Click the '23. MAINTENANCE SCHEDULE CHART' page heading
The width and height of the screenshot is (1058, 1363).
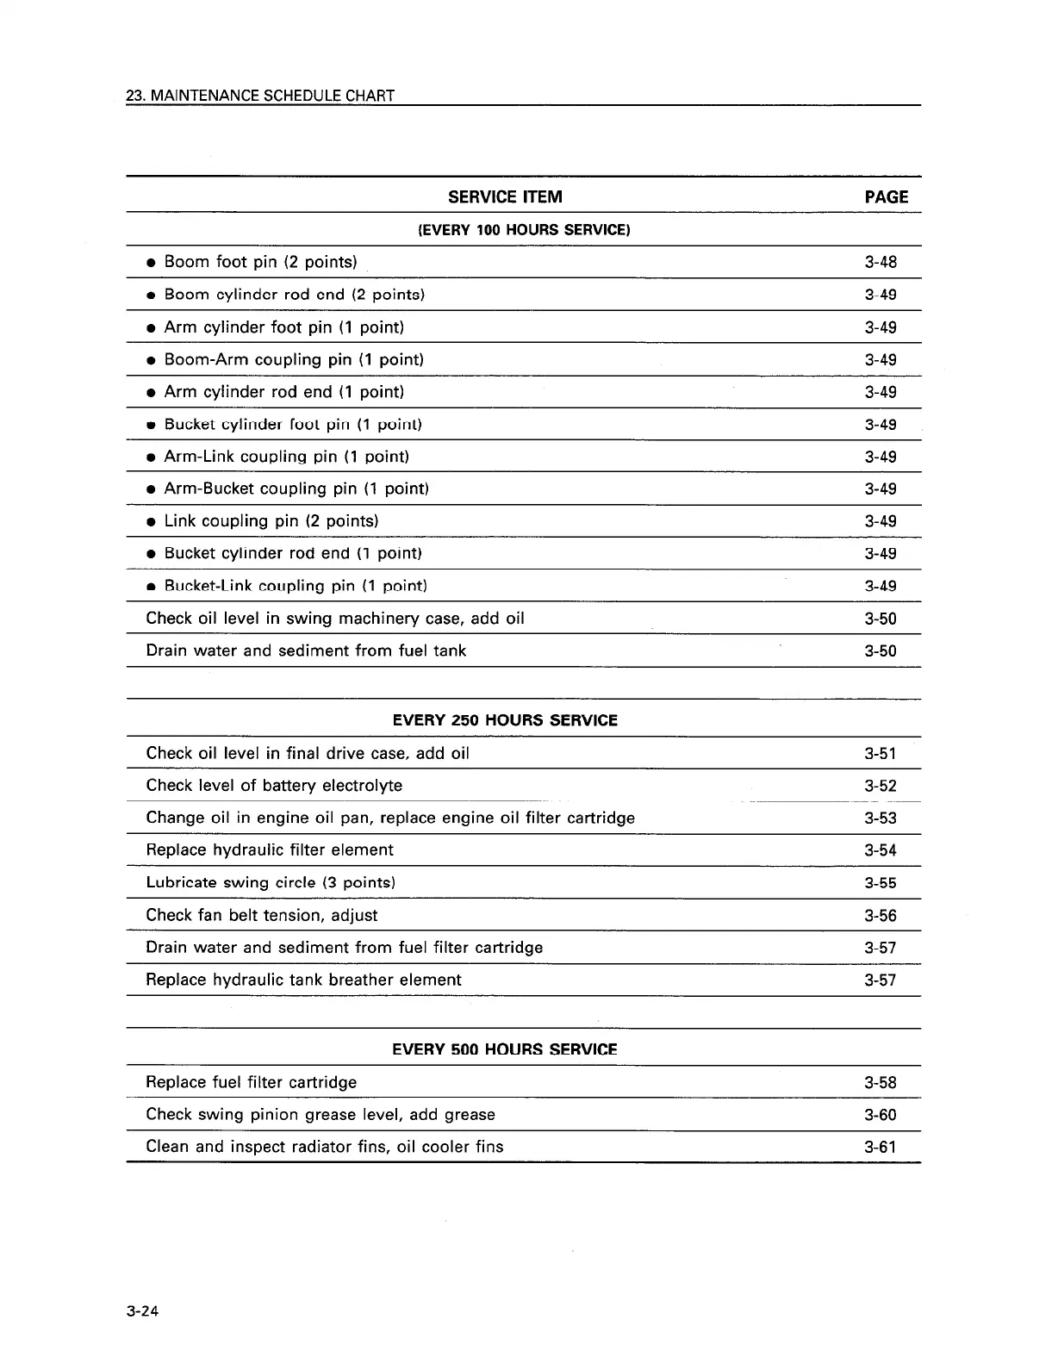[x=260, y=96]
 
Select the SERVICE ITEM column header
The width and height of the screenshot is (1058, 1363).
[x=505, y=197]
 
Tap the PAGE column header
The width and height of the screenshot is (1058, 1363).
[x=886, y=197]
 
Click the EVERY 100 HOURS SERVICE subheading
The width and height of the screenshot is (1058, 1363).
[x=524, y=230]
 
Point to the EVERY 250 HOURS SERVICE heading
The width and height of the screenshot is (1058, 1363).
[x=505, y=720]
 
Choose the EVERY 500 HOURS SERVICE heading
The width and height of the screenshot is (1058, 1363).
[x=505, y=1049]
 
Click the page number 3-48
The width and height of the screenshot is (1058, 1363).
[x=881, y=262]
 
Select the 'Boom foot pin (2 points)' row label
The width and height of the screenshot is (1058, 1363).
[x=260, y=262]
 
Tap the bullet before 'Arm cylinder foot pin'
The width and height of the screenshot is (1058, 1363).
[x=151, y=328]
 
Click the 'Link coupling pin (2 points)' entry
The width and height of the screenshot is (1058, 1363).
[x=271, y=521]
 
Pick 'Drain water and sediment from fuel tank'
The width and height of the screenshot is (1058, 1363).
[x=306, y=650]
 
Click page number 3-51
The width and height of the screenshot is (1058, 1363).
[x=881, y=754]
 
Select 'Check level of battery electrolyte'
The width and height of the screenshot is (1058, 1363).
[x=274, y=786]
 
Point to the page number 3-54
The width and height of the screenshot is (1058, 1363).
[x=881, y=850]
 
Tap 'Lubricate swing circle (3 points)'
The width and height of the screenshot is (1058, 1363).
[x=271, y=882]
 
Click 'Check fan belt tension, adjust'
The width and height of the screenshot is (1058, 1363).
[x=262, y=915]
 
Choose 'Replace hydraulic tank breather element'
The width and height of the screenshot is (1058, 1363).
[x=303, y=980]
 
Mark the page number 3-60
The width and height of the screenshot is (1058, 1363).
[x=881, y=1115]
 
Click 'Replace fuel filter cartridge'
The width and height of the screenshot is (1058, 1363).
[x=251, y=1082]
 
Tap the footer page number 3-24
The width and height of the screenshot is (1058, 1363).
[x=144, y=1312]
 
